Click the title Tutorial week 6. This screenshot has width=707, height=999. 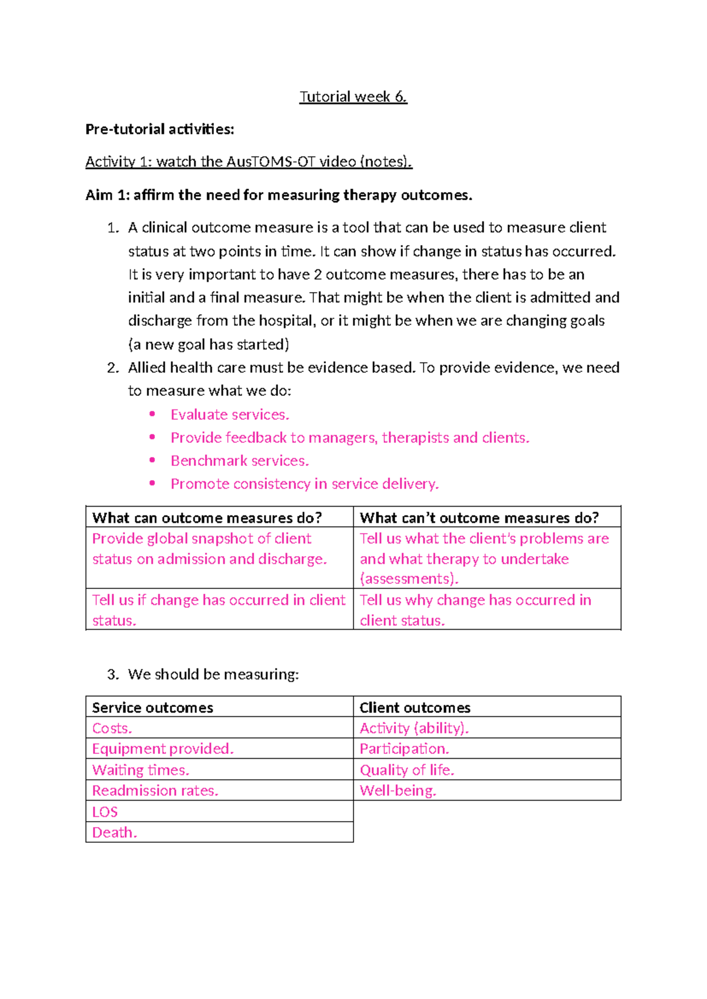(353, 97)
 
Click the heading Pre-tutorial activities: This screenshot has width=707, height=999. (160, 129)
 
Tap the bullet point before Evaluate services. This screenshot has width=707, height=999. (153, 414)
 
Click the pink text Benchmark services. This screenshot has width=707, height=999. (240, 461)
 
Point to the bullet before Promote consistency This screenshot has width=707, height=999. (153, 484)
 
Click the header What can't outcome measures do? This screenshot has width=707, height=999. (479, 518)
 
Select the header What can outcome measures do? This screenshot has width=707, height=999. (207, 518)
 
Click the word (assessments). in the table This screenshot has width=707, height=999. (409, 579)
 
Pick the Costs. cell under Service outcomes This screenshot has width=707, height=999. (112, 728)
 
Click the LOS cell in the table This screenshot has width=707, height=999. (105, 812)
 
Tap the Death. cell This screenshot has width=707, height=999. (114, 832)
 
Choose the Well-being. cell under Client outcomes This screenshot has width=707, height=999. (398, 790)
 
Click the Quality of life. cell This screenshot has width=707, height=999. (407, 770)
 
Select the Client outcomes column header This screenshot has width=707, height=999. (415, 707)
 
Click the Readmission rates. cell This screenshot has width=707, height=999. (155, 790)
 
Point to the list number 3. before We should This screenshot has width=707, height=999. (113, 674)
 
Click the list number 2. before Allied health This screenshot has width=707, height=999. (113, 368)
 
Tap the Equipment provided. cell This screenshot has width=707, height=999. (163, 749)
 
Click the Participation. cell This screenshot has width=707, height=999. (404, 749)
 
